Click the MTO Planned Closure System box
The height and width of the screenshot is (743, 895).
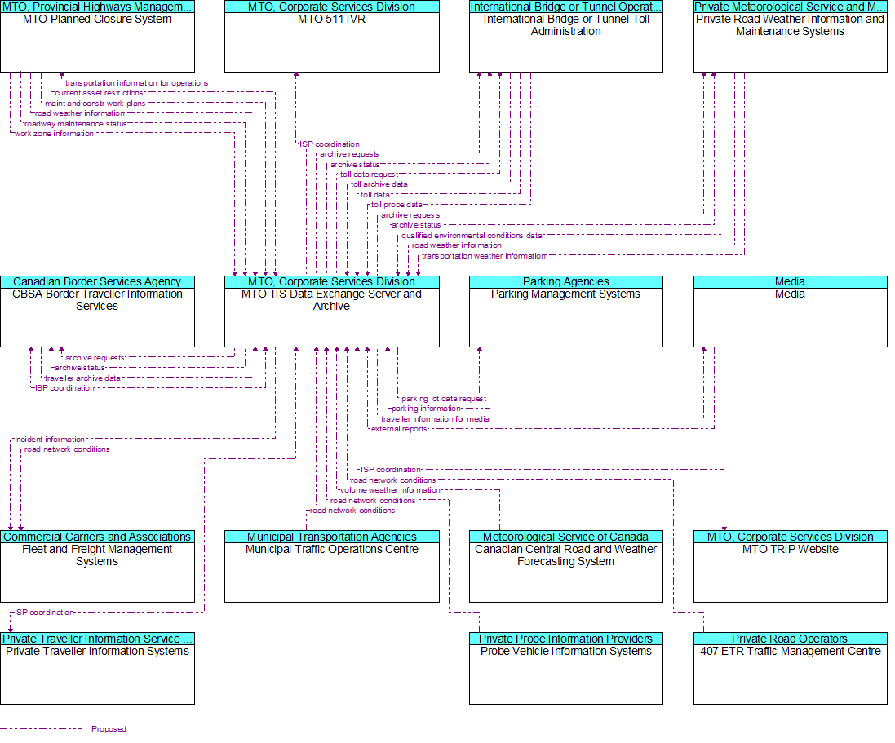coord(98,36)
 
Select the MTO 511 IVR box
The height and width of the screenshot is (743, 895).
coord(331,36)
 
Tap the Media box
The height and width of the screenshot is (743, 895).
coord(790,312)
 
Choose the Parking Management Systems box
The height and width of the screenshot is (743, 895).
coord(565,312)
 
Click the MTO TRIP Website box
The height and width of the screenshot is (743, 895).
coord(790,567)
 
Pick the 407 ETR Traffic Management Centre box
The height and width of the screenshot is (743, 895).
coord(790,668)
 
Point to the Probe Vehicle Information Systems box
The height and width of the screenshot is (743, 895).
coord(565,668)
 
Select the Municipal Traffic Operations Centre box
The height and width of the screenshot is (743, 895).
coord(331,567)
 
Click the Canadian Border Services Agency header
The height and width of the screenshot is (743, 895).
coord(98,282)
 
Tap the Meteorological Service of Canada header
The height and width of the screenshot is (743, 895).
coord(565,537)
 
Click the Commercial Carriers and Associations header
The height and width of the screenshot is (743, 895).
coord(98,537)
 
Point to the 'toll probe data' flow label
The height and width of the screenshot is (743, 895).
coord(397,205)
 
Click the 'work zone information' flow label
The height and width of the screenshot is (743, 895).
coord(54,134)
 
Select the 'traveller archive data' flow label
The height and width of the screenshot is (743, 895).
coord(82,378)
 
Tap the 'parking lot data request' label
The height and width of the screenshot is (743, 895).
coord(444,399)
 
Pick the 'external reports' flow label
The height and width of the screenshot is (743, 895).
coord(399,429)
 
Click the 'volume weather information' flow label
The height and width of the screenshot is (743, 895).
coord(391,490)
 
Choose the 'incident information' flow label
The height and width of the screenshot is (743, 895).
coord(50,440)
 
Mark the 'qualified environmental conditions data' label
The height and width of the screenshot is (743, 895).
coord(472,236)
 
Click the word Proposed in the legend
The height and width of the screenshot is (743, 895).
coord(109,729)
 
